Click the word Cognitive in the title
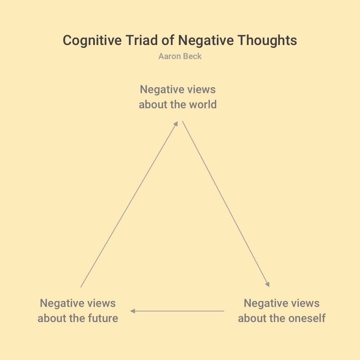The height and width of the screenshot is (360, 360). (x=92, y=41)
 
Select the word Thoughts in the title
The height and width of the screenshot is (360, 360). (x=267, y=41)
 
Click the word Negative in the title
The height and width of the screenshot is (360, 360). (x=206, y=41)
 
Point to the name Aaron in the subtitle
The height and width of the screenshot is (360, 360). (x=168, y=56)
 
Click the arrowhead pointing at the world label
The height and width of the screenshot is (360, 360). (x=176, y=124)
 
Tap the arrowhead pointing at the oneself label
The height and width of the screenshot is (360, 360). (x=268, y=284)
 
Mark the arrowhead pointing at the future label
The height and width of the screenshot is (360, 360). (x=133, y=311)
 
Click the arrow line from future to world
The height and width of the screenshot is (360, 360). (x=129, y=204)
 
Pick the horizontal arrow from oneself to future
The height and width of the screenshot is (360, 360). (x=177, y=311)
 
